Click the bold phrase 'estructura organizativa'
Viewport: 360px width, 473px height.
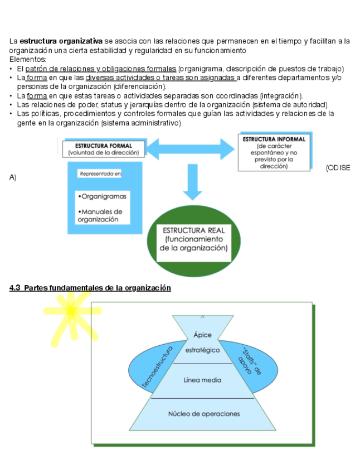click(x=61, y=41)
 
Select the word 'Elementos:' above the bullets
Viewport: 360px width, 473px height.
click(x=28, y=59)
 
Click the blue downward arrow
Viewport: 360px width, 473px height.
click(x=192, y=184)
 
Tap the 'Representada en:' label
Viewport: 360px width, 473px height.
click(x=101, y=174)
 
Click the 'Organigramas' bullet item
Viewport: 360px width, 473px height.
click(x=103, y=196)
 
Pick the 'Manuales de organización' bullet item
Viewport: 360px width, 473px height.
click(x=100, y=215)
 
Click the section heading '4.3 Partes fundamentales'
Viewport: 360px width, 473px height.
click(x=90, y=288)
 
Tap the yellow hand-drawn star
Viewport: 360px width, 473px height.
click(x=69, y=316)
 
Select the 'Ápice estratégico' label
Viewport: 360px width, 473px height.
click(x=203, y=342)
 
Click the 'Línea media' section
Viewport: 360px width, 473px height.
click(x=202, y=380)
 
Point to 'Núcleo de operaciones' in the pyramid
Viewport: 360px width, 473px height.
click(x=204, y=414)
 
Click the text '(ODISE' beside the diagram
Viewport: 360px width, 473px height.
click(x=338, y=168)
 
